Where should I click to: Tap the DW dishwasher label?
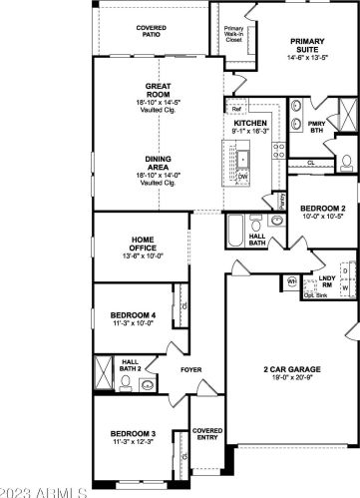(242, 177)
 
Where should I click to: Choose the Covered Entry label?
(207, 434)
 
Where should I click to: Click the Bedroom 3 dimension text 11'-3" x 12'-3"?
(131, 442)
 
